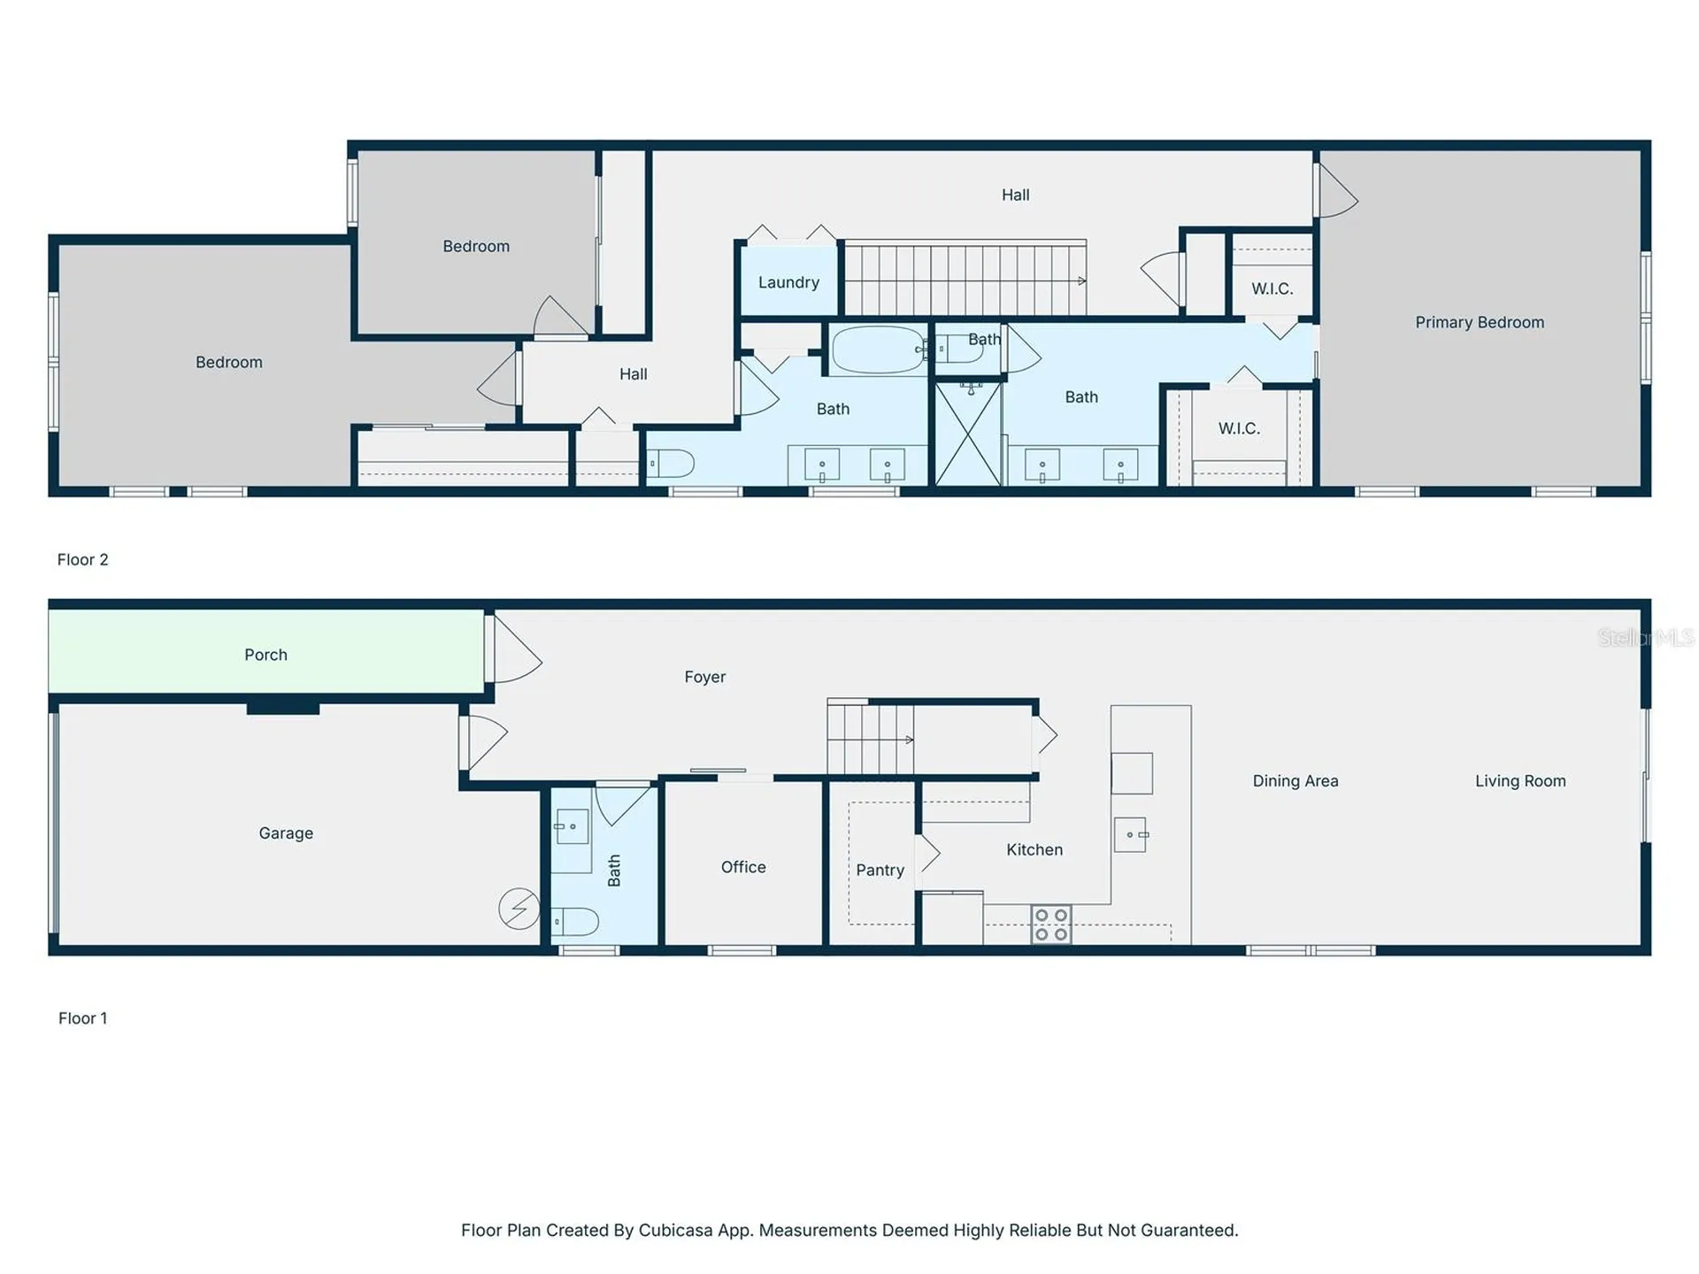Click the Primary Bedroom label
click(x=1480, y=323)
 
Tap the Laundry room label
click(x=788, y=282)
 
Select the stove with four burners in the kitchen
click(x=1051, y=925)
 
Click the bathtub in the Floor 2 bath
click(x=879, y=350)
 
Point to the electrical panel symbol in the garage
click(x=519, y=909)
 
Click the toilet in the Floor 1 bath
click(x=575, y=921)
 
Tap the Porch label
click(x=265, y=655)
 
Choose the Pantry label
click(x=880, y=871)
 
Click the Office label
click(x=743, y=867)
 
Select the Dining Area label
click(x=1295, y=781)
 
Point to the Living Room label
click(x=1520, y=781)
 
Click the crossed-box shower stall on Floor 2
click(x=968, y=434)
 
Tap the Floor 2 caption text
click(x=82, y=560)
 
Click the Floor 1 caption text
click(x=82, y=1018)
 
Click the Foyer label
click(x=704, y=677)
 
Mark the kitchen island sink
click(x=1131, y=834)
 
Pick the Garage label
click(x=286, y=833)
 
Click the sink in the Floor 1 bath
click(x=572, y=826)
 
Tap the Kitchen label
click(x=1034, y=850)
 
